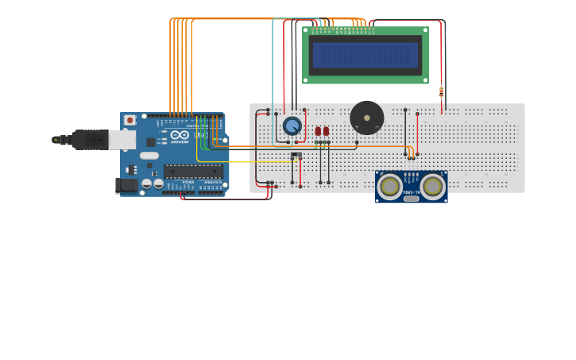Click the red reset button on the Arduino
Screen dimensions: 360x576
point(129,120)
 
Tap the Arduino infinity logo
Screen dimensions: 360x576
point(180,134)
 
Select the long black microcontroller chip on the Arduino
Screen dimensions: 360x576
point(193,171)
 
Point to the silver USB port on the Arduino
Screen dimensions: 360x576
point(122,140)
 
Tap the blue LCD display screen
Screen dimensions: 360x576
point(365,55)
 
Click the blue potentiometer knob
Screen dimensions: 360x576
point(292,126)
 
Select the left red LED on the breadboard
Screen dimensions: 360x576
point(318,131)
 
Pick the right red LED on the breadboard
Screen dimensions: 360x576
point(326,131)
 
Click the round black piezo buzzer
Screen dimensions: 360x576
point(366,118)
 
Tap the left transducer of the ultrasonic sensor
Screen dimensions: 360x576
point(389,187)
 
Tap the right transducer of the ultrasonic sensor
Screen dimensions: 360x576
point(433,187)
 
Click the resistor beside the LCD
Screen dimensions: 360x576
point(441,91)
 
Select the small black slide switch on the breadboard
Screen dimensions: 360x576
point(296,155)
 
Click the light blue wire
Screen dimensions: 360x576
point(273,79)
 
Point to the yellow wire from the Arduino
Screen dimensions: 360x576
point(238,162)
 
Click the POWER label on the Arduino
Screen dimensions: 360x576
point(187,182)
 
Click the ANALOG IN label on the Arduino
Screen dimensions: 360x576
point(212,182)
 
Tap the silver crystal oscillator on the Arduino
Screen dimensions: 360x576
point(149,157)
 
